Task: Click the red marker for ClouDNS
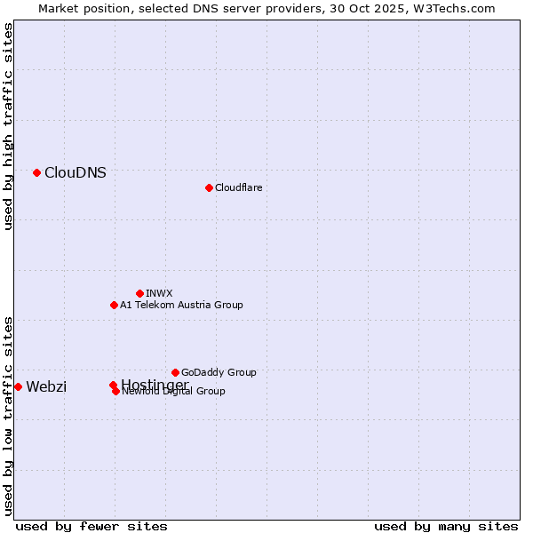(x=36, y=172)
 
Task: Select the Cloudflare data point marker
(x=209, y=187)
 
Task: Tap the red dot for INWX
(x=139, y=293)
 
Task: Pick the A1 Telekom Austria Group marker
(x=114, y=305)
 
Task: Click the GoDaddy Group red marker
(x=175, y=372)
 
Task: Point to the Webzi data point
(x=18, y=386)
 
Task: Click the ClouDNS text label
(x=76, y=173)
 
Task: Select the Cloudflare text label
(x=239, y=187)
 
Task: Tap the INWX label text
(x=160, y=293)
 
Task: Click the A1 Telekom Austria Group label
(x=181, y=305)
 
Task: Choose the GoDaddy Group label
(x=219, y=372)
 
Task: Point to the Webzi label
(x=46, y=386)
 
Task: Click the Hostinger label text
(x=155, y=384)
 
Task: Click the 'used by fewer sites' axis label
(x=91, y=526)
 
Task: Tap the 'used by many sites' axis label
(x=446, y=526)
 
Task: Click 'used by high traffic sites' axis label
(x=9, y=126)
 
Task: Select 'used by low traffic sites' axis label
(x=9, y=415)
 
